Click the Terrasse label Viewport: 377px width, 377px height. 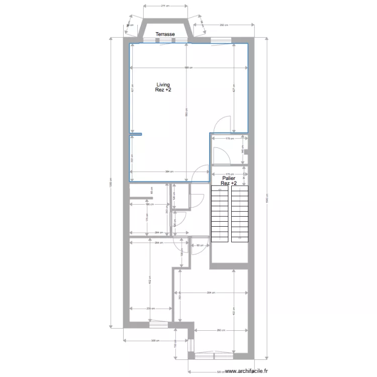point(165,34)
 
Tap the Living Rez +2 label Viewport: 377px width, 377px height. point(163,87)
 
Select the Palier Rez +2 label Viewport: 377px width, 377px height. point(229,180)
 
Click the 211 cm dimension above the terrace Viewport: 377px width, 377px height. point(164,6)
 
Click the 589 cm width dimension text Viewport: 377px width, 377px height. point(187,67)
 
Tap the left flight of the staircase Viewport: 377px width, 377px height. point(220,214)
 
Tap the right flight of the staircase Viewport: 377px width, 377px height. point(239,214)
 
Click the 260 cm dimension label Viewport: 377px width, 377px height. point(220,330)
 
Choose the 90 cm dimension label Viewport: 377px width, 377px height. point(200,245)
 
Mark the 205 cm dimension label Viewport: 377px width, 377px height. point(150,308)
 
